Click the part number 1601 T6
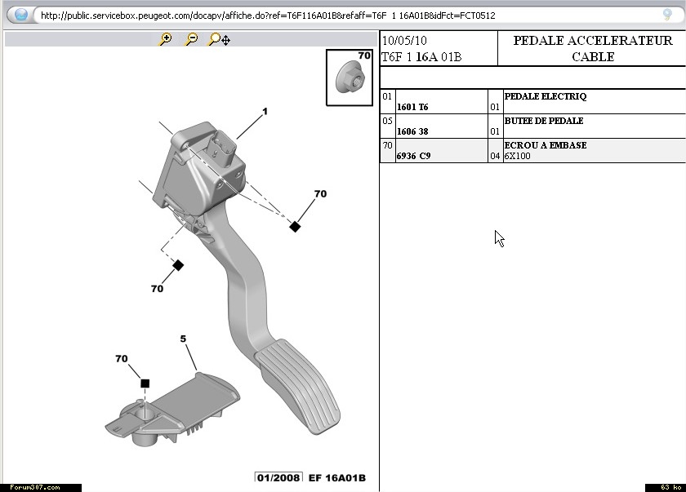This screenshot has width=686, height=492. point(412,107)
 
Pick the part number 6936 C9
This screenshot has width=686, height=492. point(413,156)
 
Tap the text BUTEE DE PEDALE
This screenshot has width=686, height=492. point(544,121)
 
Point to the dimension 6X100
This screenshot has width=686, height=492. point(517,156)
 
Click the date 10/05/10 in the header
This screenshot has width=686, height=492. point(403,41)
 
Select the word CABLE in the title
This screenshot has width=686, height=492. point(593,57)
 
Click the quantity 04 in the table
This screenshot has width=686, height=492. point(495,156)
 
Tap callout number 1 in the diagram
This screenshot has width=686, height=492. point(265,112)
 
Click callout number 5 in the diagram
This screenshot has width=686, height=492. point(183,339)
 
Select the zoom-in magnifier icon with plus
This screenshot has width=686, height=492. point(166,38)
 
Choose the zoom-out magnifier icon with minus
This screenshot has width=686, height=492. point(191,38)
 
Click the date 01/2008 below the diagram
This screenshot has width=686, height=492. point(278,478)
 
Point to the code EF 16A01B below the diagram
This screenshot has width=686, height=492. point(336,478)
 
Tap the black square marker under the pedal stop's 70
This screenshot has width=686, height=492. point(145,383)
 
